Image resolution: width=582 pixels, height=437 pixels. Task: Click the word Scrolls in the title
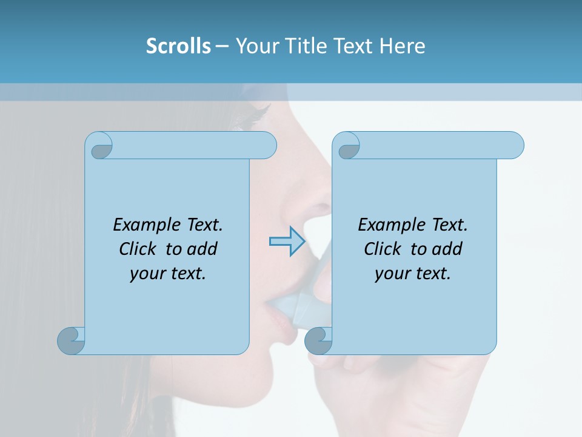(x=178, y=46)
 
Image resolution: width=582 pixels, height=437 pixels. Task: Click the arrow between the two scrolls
(x=287, y=242)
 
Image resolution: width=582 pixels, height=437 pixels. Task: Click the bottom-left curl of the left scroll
(x=72, y=340)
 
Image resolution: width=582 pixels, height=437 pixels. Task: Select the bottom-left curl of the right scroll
(x=318, y=340)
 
